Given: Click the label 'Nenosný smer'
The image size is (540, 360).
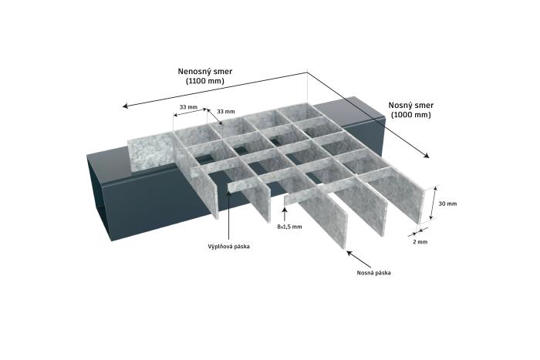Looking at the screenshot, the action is [x=205, y=71].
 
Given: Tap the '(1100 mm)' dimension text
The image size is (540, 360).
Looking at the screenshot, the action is [x=205, y=81].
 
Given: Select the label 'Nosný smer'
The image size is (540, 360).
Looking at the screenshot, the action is [x=411, y=105].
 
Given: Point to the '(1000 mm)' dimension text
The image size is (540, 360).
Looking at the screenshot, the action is [x=411, y=115].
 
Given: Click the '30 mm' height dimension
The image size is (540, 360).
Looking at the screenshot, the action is [x=447, y=204].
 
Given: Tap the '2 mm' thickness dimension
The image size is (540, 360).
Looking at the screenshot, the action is [x=420, y=242].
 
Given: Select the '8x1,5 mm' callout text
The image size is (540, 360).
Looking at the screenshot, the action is [x=289, y=227].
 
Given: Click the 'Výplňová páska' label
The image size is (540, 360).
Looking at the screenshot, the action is [x=228, y=247].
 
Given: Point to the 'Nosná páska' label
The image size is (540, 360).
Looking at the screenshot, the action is [x=373, y=273].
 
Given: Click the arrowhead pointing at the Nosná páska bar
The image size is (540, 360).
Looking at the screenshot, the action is [x=349, y=253].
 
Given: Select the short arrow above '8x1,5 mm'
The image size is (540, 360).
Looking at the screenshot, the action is [x=285, y=214].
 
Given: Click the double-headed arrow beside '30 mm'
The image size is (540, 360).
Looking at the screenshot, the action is [x=434, y=203].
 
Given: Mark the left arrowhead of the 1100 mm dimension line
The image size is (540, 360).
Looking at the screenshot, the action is [x=125, y=106].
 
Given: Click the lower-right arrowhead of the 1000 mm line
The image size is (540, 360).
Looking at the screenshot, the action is [x=427, y=156].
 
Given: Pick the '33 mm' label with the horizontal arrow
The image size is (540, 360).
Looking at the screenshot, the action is [x=188, y=106].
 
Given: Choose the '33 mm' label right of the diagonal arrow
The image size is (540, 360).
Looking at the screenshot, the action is [x=226, y=112].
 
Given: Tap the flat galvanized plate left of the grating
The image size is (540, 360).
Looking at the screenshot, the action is [x=151, y=153].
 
